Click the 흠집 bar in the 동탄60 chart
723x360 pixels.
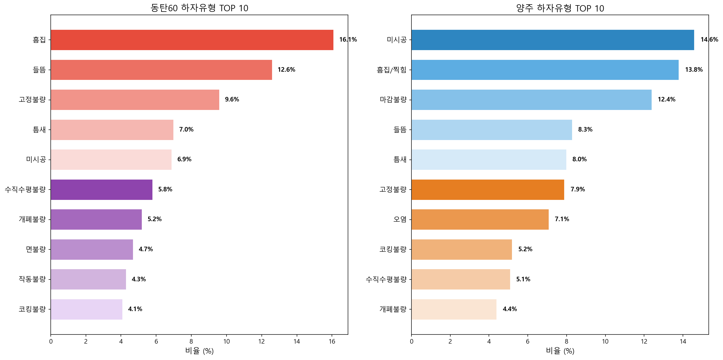click(x=192, y=40)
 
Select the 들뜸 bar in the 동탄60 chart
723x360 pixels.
click(x=161, y=70)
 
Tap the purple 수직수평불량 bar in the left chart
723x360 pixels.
click(x=101, y=190)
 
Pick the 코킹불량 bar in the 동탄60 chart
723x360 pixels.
click(x=87, y=309)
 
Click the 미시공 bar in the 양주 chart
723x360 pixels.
click(x=553, y=40)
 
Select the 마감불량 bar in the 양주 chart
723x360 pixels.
click(x=531, y=100)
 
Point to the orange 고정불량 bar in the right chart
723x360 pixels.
click(x=488, y=190)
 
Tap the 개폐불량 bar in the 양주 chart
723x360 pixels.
click(x=454, y=309)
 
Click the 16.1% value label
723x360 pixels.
click(x=348, y=40)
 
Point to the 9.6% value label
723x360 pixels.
click(x=232, y=100)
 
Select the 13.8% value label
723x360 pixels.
click(x=694, y=70)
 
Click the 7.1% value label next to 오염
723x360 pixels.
click(x=562, y=219)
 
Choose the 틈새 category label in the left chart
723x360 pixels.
click(x=39, y=130)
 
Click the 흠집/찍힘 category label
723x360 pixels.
click(x=391, y=70)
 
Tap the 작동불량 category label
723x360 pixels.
click(x=32, y=279)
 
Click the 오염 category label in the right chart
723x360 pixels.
click(x=400, y=219)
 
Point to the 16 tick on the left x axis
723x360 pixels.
click(x=332, y=341)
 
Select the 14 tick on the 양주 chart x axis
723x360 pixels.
click(x=683, y=341)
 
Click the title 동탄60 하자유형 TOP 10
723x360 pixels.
click(x=199, y=8)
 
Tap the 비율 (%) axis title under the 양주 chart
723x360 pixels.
click(x=560, y=351)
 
